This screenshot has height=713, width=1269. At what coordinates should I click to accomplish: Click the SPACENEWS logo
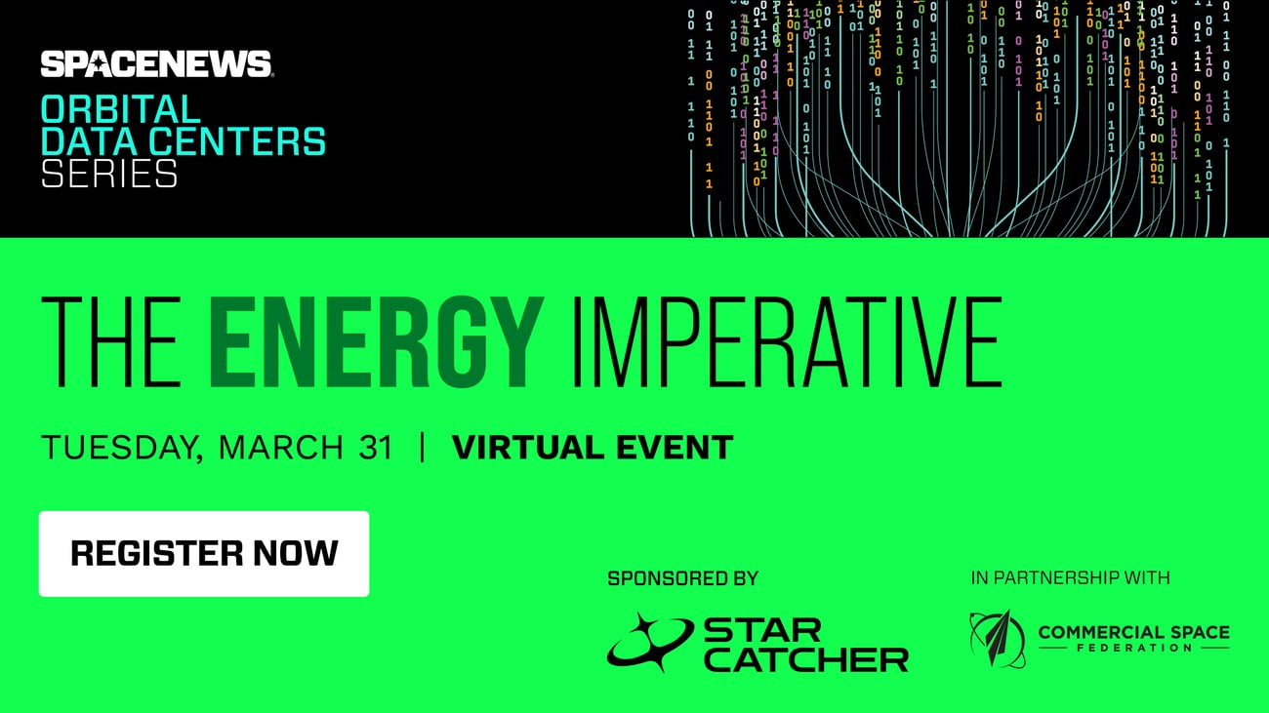(156, 64)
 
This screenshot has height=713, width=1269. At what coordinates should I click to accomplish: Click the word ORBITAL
(120, 107)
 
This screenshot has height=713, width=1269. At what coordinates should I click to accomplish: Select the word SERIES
(108, 174)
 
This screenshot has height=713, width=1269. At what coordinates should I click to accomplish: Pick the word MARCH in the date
(280, 449)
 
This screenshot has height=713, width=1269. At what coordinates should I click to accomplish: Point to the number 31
(373, 449)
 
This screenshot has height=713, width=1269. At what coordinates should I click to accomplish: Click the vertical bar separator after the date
(422, 449)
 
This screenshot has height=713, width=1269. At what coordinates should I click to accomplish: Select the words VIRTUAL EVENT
(592, 449)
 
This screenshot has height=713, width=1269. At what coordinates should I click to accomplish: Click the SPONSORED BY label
(682, 578)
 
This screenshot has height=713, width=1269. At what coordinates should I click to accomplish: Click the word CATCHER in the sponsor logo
(805, 659)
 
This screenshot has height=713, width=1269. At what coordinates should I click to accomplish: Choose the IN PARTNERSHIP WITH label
(1070, 578)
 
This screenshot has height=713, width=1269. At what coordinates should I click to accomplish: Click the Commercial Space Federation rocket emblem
(997, 639)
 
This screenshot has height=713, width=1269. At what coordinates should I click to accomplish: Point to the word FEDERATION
(1132, 648)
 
